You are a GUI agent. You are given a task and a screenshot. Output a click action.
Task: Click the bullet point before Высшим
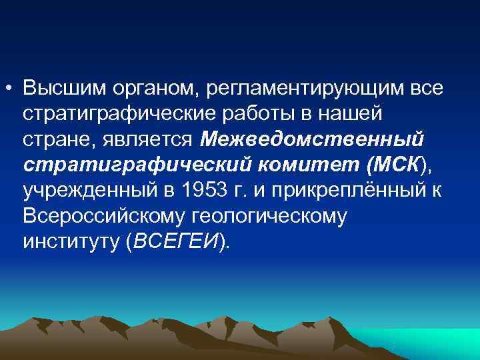click(x=11, y=89)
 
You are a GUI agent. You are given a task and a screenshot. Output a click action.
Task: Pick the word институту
click(x=70, y=242)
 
